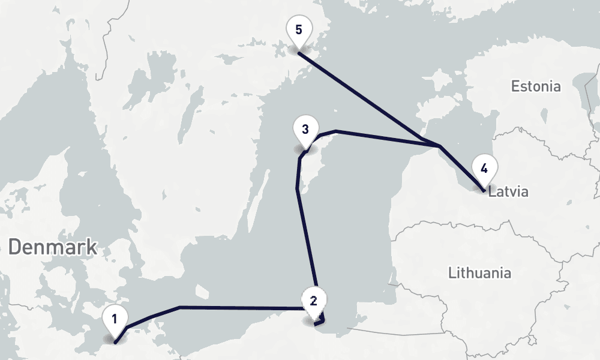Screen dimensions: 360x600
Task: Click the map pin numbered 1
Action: tap(114, 317)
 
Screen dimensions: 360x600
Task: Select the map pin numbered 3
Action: tap(305, 130)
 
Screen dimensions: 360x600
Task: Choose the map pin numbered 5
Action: tap(298, 29)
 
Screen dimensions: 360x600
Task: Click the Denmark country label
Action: tap(53, 247)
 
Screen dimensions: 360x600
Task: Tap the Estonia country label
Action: tap(536, 86)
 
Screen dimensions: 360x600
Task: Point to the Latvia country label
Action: tap(508, 193)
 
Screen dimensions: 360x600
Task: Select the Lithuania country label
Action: tap(480, 273)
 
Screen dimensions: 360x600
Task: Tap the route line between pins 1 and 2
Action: tap(240, 308)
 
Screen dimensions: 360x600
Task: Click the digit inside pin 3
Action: tap(305, 129)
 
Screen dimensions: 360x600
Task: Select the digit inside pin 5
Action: tap(298, 29)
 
